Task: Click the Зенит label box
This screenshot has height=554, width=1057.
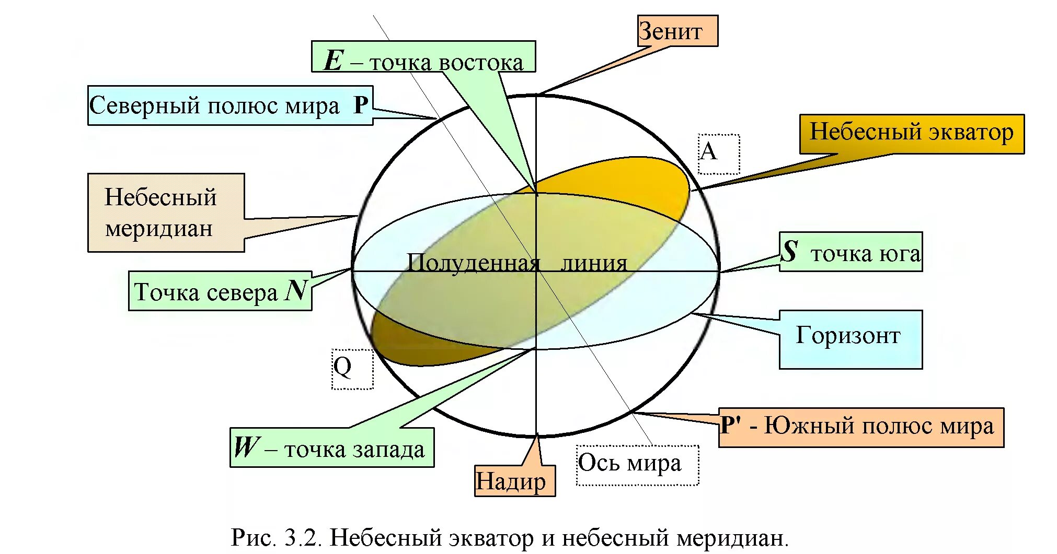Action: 677,31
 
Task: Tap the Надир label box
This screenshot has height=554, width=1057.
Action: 514,481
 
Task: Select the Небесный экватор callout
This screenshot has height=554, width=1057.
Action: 911,133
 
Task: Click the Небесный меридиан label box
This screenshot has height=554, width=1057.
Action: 166,213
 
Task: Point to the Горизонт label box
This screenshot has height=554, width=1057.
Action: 850,338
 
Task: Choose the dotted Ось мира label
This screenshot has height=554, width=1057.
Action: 637,465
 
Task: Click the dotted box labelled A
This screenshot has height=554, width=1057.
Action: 719,154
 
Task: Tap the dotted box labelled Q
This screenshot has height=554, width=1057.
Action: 352,369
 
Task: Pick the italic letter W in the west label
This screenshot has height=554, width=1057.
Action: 246,447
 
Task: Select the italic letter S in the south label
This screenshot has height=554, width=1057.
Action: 789,251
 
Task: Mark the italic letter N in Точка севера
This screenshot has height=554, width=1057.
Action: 296,290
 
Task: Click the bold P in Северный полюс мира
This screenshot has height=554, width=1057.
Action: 361,105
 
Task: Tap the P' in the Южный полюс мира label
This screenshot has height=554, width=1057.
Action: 731,426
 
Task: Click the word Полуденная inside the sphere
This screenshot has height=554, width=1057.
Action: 473,262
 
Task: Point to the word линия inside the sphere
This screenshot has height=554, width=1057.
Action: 593,263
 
